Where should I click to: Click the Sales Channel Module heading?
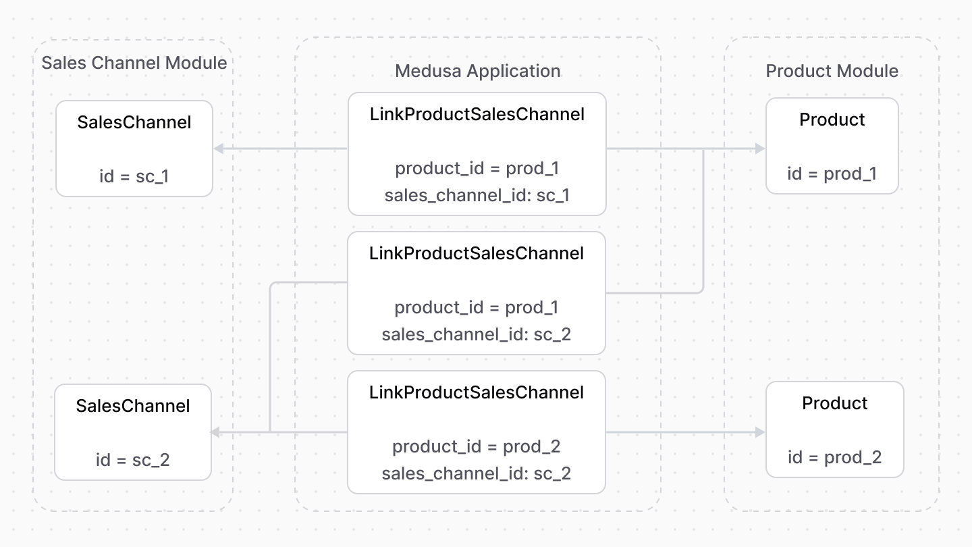134,63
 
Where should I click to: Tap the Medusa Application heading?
477,71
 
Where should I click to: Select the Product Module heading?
832,71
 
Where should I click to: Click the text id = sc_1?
134,176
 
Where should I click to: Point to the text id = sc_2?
132,460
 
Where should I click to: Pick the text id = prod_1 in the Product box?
832,174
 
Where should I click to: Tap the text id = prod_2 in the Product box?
834,457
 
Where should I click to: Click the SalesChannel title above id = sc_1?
134,122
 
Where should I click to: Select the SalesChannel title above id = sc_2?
132,406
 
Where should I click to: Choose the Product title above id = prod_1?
832,120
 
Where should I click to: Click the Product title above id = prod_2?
834,403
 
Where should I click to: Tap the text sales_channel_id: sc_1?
477,195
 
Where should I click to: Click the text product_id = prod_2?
476,446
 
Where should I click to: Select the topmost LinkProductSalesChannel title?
477,114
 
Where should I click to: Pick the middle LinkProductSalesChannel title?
476,253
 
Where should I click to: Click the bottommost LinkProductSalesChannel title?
476,392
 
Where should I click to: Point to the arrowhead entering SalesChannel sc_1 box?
218,149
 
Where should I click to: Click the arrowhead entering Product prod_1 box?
761,149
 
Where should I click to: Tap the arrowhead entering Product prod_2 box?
761,432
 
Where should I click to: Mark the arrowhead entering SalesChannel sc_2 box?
217,432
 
